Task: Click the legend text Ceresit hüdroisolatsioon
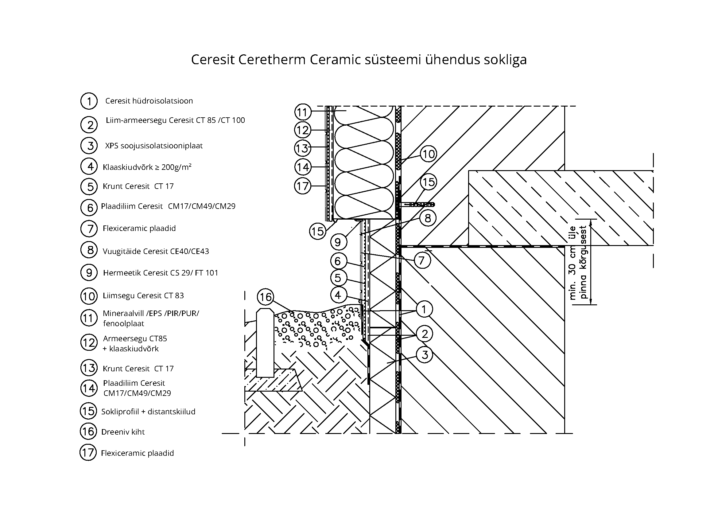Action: click(x=149, y=101)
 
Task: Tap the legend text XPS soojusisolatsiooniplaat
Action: click(x=154, y=146)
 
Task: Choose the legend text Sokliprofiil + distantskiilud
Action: click(x=148, y=411)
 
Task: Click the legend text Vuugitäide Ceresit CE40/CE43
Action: click(x=156, y=251)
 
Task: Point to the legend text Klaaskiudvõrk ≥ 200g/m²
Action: click(x=147, y=167)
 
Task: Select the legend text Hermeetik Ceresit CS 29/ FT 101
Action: click(x=161, y=273)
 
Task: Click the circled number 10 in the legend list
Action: click(x=89, y=296)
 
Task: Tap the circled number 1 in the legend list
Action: click(x=89, y=101)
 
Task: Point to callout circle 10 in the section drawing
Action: click(x=428, y=154)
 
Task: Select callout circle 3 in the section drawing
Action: click(x=424, y=355)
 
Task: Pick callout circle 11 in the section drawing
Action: click(x=302, y=112)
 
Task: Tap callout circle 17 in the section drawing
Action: click(x=302, y=186)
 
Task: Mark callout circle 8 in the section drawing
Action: click(x=428, y=218)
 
